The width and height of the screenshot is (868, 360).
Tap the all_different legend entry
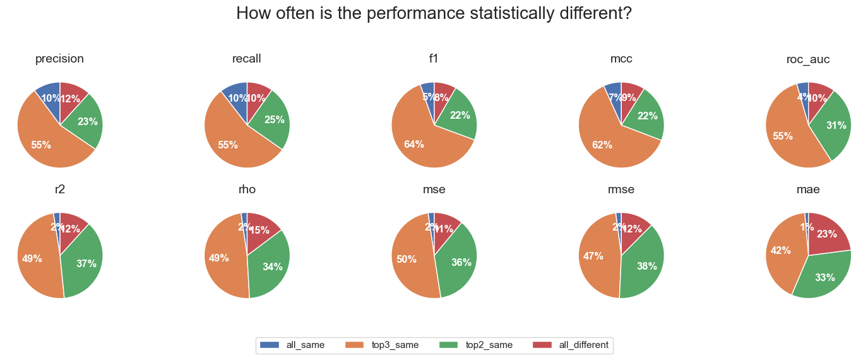point(571,345)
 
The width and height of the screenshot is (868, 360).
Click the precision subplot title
point(60,59)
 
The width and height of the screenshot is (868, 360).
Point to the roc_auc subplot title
point(808,59)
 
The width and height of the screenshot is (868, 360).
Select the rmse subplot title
point(621,189)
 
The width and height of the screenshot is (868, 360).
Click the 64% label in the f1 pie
point(414,145)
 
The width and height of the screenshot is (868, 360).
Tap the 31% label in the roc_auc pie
point(836,126)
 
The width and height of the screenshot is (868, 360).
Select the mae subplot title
point(808,189)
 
